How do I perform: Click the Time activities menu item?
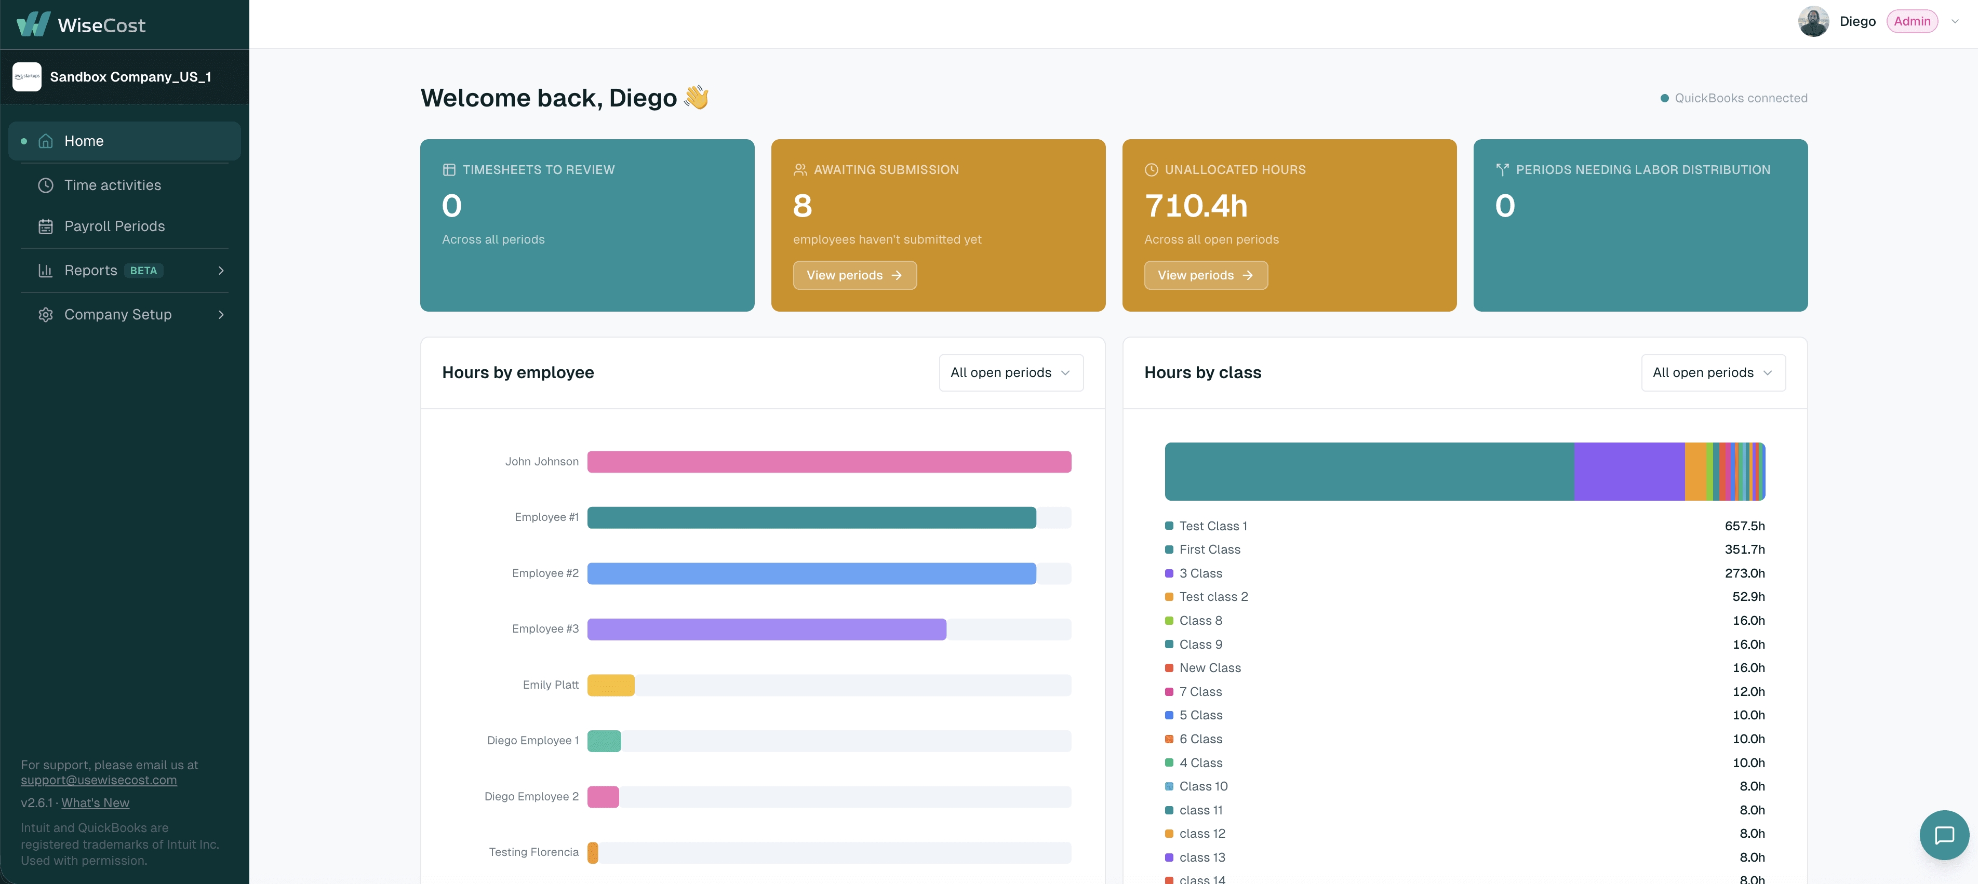pyautogui.click(x=112, y=185)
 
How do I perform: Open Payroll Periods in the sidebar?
pyautogui.click(x=114, y=226)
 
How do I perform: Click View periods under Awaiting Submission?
pyautogui.click(x=854, y=275)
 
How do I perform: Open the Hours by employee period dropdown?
pyautogui.click(x=1010, y=372)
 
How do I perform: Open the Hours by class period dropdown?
pyautogui.click(x=1713, y=372)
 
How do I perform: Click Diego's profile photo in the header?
pyautogui.click(x=1814, y=21)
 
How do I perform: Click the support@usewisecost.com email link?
pyautogui.click(x=99, y=780)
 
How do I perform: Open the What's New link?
pyautogui.click(x=95, y=802)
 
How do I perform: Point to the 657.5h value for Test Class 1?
pyautogui.click(x=1745, y=526)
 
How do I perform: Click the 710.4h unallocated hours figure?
pyautogui.click(x=1196, y=206)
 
